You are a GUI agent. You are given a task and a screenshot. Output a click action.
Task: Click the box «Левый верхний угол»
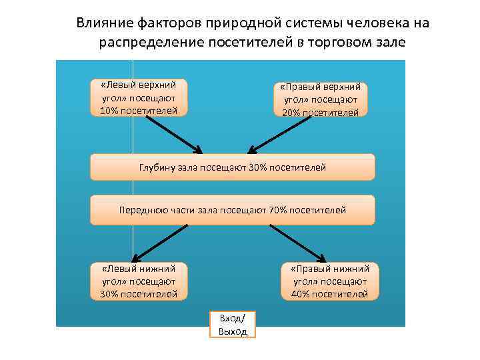pos(139,98)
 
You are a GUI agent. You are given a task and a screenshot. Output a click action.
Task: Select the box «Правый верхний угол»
pos(321,99)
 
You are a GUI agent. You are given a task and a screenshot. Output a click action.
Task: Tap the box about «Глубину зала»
pos(232,167)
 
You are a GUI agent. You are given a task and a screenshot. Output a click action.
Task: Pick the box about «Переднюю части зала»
pos(232,210)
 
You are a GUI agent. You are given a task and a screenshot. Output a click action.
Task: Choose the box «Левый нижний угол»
pos(139,281)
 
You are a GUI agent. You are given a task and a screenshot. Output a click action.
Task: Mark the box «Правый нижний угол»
pos(329,281)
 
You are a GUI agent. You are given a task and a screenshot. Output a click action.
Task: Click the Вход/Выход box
pos(233,325)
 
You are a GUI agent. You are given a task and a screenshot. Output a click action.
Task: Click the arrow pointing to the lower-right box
pos(298,243)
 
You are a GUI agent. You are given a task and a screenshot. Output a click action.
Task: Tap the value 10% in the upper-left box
pos(108,111)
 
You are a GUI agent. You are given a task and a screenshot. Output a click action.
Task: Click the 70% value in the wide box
pos(279,210)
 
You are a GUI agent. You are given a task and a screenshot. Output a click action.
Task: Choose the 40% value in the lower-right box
pos(301,293)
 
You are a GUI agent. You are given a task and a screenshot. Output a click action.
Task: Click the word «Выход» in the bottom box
pos(233,331)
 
